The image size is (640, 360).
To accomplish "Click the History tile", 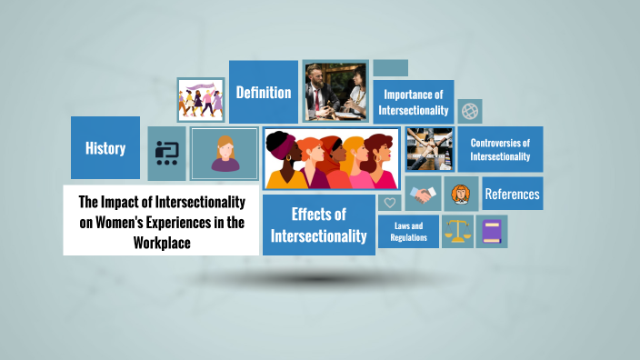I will point(105,148).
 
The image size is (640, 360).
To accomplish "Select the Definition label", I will point(264,92).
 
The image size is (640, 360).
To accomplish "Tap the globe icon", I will point(470,111).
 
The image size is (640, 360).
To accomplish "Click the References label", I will point(512,194).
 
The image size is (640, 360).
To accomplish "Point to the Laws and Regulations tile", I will point(408,231).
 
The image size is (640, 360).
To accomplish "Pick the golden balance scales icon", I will point(457,232).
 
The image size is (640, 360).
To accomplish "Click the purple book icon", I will point(491,232).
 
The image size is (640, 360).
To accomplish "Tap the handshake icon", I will point(423,194).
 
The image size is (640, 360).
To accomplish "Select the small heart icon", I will point(390,203).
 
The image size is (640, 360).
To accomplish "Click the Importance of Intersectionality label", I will point(414,102).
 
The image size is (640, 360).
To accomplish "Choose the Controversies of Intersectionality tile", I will point(500,149).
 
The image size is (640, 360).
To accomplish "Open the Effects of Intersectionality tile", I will point(318,225).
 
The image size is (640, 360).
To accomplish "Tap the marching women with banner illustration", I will point(201,99).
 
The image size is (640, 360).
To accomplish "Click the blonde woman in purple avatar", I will point(225,152).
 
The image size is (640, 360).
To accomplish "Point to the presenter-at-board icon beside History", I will point(166,153).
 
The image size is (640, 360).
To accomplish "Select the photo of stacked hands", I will point(429,149).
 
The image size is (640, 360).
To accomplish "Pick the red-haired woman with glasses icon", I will point(460,194).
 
